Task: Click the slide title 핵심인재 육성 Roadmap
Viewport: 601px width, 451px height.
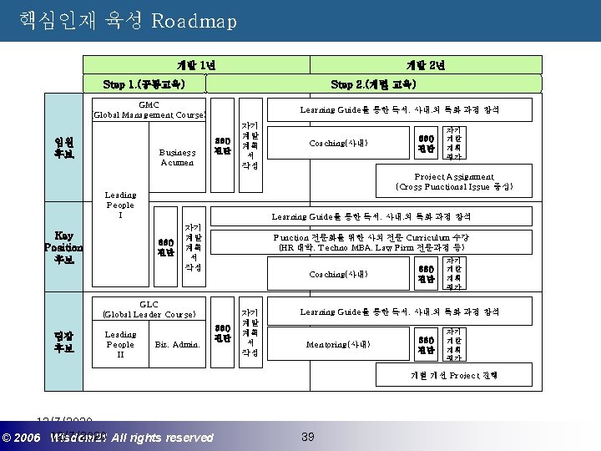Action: click(126, 20)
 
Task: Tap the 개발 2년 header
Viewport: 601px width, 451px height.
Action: click(425, 65)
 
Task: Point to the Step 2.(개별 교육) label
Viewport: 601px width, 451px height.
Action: click(373, 84)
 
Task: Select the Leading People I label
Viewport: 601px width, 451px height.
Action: click(119, 205)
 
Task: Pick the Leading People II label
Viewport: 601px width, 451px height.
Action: click(119, 344)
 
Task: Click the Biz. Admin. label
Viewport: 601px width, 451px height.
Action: click(178, 344)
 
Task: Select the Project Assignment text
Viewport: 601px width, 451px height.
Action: click(454, 181)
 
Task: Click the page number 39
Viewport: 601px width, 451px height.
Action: click(307, 436)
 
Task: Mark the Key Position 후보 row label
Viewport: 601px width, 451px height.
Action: click(63, 247)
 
